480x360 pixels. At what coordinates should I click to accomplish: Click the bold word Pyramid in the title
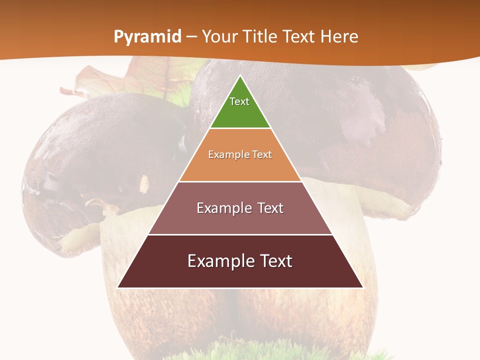click(147, 37)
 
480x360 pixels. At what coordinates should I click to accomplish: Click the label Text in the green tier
click(239, 101)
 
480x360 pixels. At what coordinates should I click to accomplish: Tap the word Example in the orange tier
click(225, 154)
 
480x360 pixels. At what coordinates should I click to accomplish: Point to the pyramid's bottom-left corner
click(118, 287)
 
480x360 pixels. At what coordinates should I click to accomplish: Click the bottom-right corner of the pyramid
click(362, 287)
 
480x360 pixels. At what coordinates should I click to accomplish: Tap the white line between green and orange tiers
click(240, 128)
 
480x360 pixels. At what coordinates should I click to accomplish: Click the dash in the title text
click(191, 37)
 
